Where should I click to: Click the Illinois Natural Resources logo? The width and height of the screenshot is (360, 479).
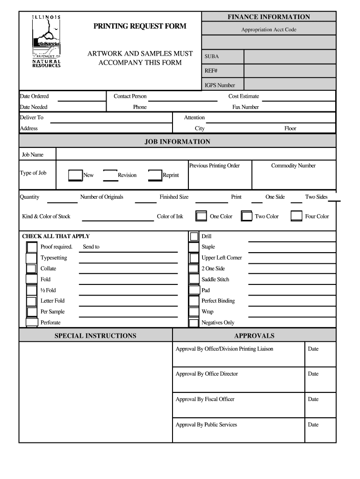(x=46, y=41)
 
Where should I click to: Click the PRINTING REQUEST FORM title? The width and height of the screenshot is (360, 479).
(x=140, y=26)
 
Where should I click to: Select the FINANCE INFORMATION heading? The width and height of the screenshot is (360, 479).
(x=268, y=17)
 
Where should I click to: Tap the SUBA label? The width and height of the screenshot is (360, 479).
(x=211, y=57)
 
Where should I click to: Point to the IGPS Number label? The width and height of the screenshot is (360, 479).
(x=220, y=85)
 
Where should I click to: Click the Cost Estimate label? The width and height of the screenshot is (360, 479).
(x=244, y=96)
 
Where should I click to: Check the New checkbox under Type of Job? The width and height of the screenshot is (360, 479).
(x=75, y=175)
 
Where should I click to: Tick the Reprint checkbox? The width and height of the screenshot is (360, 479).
(x=155, y=175)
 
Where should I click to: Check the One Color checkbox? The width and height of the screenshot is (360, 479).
(x=202, y=216)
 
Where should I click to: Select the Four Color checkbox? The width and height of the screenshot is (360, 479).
(x=296, y=216)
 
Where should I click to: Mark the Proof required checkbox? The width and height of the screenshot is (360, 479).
(x=31, y=247)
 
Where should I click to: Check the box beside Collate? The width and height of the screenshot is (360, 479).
(x=31, y=269)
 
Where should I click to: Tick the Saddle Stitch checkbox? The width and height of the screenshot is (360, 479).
(x=194, y=279)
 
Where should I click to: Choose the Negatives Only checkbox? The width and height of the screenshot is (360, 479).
(x=194, y=323)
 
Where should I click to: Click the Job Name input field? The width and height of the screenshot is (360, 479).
(x=195, y=154)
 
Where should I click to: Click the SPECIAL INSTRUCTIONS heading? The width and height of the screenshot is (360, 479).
(x=95, y=335)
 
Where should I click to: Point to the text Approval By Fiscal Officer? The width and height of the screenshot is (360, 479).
(x=205, y=399)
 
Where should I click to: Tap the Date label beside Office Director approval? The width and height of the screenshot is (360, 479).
(x=313, y=374)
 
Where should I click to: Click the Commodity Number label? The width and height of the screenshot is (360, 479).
(x=293, y=166)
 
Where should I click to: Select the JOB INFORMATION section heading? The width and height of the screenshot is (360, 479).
(x=177, y=141)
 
